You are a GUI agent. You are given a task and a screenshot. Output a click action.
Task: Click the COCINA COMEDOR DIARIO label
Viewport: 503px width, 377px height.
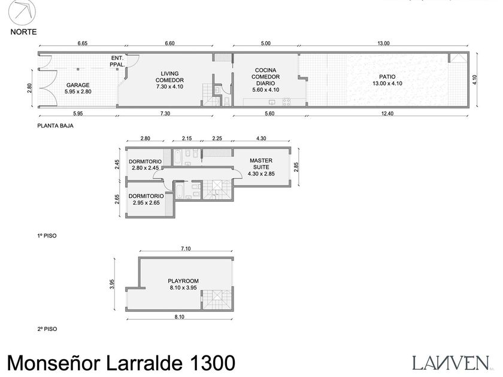point(265,80)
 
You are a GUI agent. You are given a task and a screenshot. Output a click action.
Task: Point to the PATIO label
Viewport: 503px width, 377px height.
point(387,80)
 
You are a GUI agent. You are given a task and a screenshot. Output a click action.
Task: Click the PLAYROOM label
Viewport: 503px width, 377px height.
point(183,284)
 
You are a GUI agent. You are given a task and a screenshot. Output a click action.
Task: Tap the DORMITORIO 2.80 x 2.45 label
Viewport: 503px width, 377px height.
point(144,165)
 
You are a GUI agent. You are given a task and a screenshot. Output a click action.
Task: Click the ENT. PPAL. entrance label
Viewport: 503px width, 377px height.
point(117,61)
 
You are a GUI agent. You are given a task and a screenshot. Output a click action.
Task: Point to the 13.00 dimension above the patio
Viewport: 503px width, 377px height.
point(383,43)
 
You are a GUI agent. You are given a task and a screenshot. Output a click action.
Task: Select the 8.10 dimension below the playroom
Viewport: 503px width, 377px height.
point(180,317)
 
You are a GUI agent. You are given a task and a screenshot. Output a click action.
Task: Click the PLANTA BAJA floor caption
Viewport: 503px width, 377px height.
point(55,126)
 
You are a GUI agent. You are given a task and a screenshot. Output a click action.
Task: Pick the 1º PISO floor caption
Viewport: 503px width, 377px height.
point(46,236)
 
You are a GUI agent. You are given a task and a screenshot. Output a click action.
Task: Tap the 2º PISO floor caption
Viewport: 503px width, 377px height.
point(46,329)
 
